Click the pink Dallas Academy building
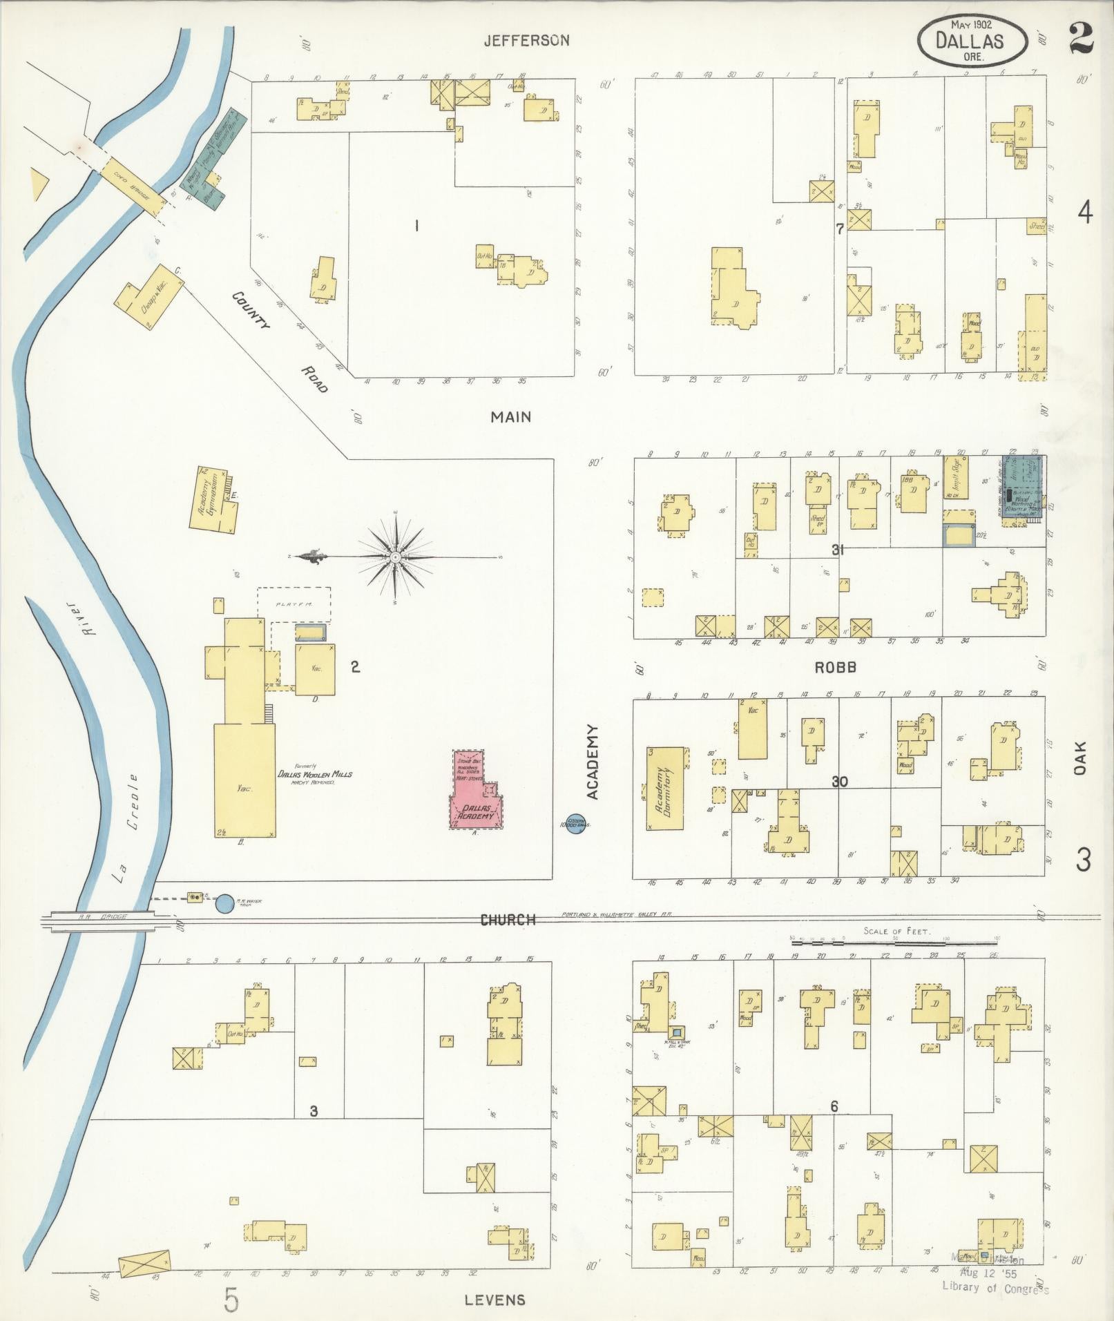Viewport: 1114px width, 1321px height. coord(477,794)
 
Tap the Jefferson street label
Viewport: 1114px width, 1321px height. coord(526,41)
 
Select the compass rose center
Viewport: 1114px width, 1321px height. coord(395,557)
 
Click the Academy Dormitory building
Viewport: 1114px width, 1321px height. coord(666,788)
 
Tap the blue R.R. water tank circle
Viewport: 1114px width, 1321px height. coord(224,903)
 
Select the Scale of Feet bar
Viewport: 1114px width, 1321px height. coord(894,940)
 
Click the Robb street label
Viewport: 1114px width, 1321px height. coord(835,667)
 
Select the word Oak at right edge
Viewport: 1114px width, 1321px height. coord(1081,758)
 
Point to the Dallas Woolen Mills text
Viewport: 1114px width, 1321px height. coord(314,774)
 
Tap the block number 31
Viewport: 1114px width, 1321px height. coord(838,550)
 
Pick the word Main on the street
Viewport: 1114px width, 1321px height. coord(510,416)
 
